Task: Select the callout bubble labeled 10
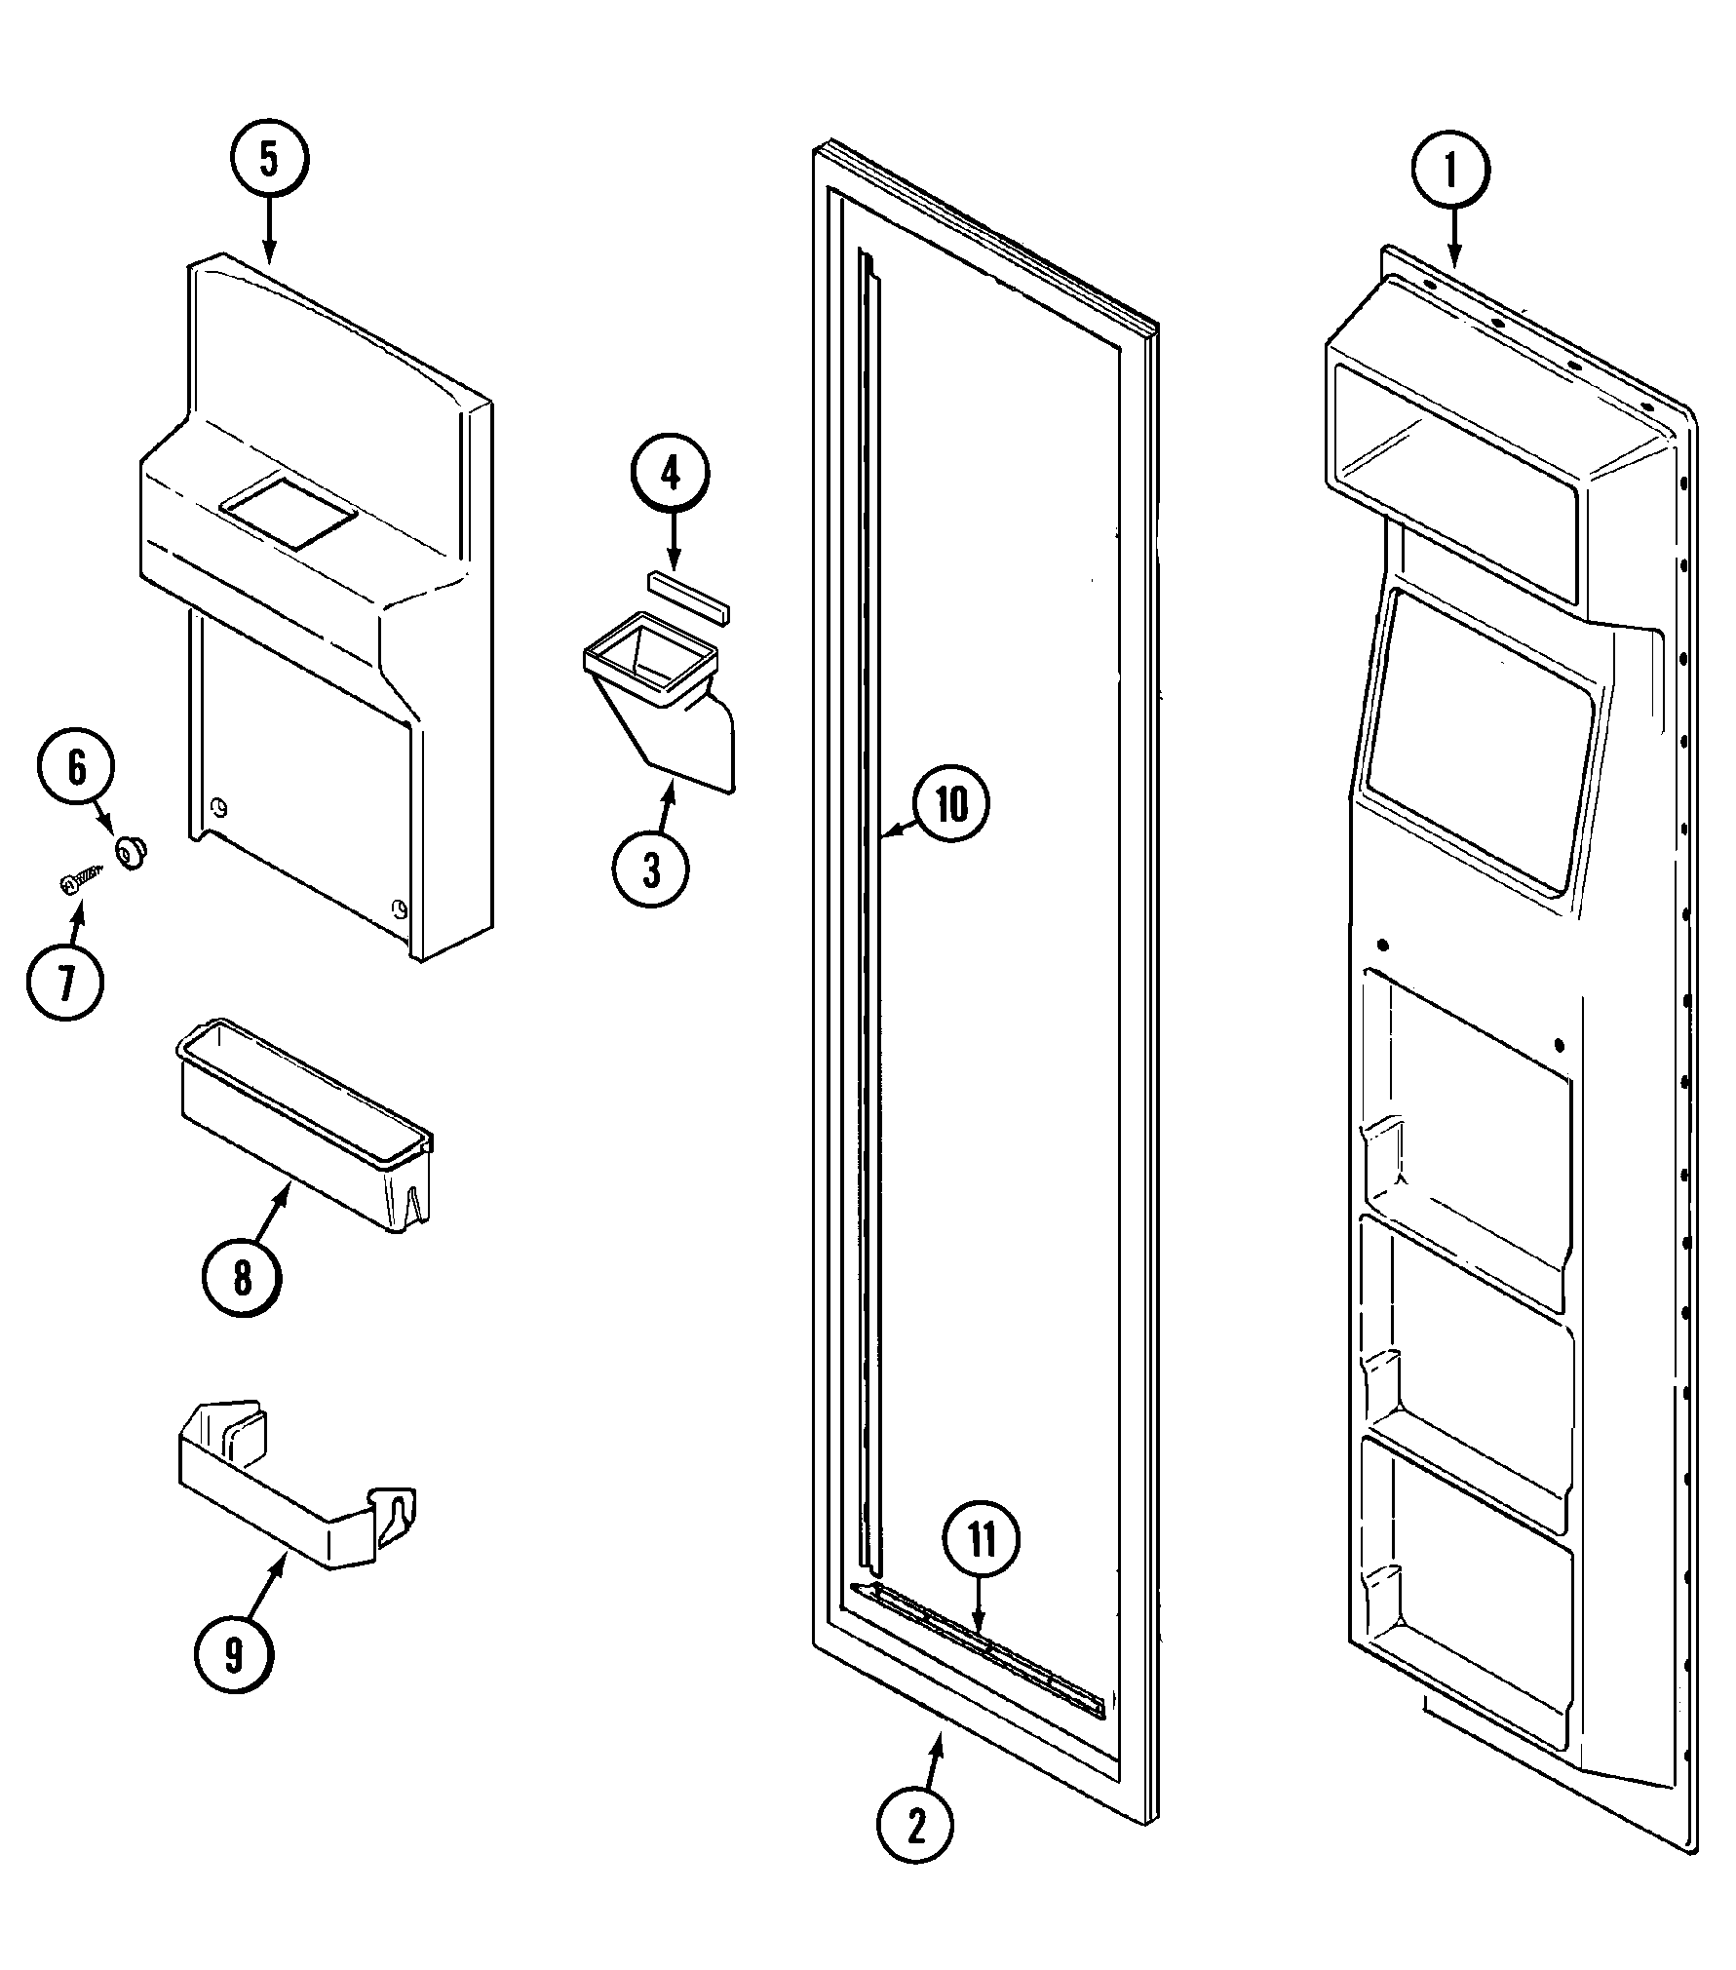[950, 805]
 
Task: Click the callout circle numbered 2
[915, 1829]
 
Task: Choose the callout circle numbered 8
[242, 1277]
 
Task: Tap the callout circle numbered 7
[65, 984]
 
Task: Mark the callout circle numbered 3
[651, 869]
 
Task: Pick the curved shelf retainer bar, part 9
[292, 1501]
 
